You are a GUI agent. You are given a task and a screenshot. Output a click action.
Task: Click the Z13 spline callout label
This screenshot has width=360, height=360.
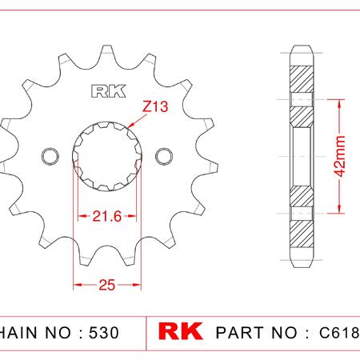(155, 106)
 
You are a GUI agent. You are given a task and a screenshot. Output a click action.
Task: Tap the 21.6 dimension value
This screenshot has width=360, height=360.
(107, 216)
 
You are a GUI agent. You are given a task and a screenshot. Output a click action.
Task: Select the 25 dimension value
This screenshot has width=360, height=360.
(107, 285)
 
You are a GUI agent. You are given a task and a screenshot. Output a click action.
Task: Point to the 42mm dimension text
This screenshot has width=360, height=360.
(340, 156)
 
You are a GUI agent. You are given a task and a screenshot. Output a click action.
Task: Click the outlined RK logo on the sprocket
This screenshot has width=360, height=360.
(109, 91)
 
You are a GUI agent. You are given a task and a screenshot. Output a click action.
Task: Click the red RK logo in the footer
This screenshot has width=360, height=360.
(180, 331)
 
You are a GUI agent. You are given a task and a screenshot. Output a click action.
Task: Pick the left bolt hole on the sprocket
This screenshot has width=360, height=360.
(50, 156)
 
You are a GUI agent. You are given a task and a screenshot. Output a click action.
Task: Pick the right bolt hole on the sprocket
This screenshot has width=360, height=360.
(164, 156)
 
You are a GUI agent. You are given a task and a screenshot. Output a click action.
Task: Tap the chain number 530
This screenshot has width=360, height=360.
(104, 333)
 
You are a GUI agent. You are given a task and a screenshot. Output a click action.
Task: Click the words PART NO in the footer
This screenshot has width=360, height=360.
(256, 333)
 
